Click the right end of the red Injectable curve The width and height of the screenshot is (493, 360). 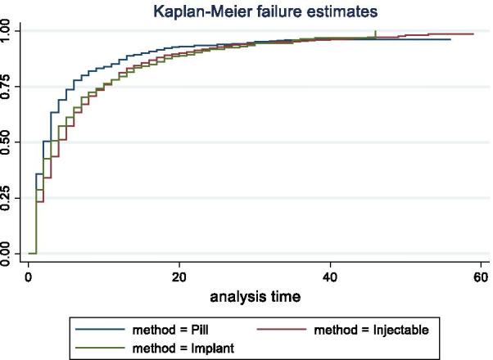click(473, 34)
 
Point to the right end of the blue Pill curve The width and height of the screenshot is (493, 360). click(450, 39)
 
